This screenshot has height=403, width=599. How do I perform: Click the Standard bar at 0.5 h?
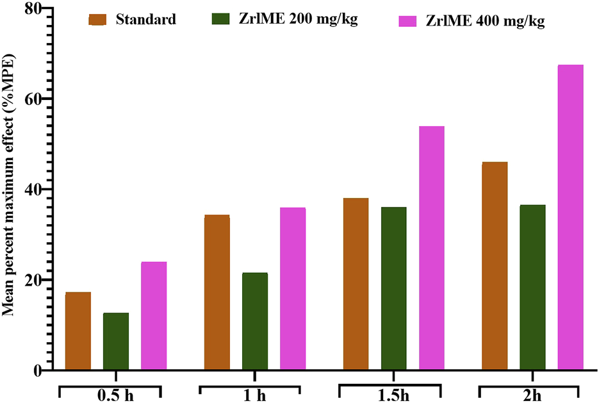click(x=78, y=331)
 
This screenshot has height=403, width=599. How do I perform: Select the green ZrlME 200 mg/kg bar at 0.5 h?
click(x=116, y=341)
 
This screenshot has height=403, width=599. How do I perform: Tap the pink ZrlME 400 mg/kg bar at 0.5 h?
click(x=154, y=316)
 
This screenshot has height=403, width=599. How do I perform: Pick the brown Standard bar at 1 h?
click(x=217, y=293)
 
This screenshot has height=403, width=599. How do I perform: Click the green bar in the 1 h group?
click(x=255, y=322)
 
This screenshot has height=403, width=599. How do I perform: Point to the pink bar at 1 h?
click(x=293, y=289)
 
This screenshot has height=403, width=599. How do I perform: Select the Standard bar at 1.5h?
click(x=356, y=284)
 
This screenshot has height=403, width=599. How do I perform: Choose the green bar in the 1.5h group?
click(x=393, y=288)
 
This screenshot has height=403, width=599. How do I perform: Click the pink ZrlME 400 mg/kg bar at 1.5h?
click(x=431, y=249)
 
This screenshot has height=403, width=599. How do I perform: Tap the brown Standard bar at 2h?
click(x=495, y=267)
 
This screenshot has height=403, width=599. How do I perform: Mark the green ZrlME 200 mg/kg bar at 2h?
click(x=532, y=288)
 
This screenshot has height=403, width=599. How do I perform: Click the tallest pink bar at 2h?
click(x=570, y=218)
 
